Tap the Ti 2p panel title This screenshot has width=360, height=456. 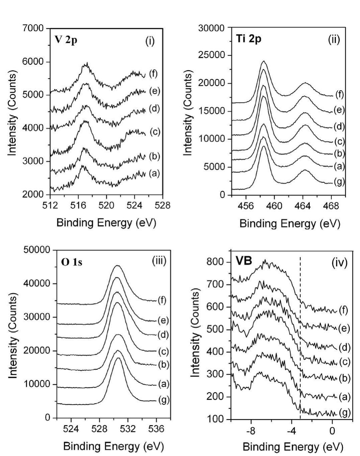coord(249,39)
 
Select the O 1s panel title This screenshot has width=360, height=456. coord(72,262)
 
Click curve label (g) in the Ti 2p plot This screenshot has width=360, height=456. coord(339,182)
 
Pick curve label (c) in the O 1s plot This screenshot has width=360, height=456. coord(164,352)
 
